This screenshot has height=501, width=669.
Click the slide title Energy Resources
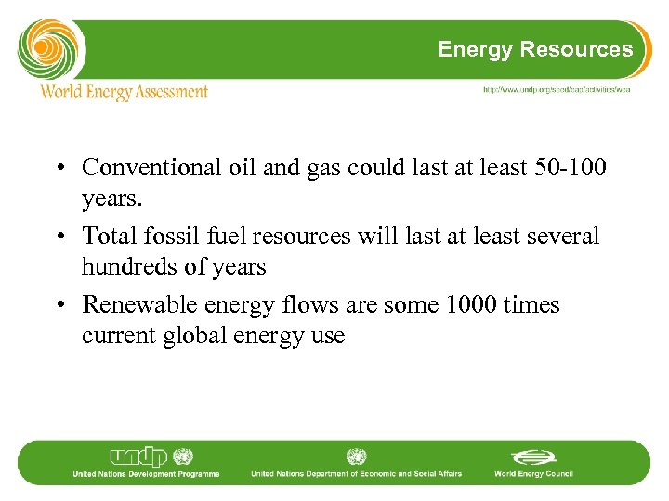[535, 49]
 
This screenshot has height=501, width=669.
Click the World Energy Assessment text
[124, 91]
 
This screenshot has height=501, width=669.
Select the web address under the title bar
[557, 90]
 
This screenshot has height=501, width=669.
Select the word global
[196, 336]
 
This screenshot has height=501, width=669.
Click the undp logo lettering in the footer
[140, 457]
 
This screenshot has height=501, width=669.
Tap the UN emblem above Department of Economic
[356, 456]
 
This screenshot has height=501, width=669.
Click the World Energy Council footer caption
[533, 474]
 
